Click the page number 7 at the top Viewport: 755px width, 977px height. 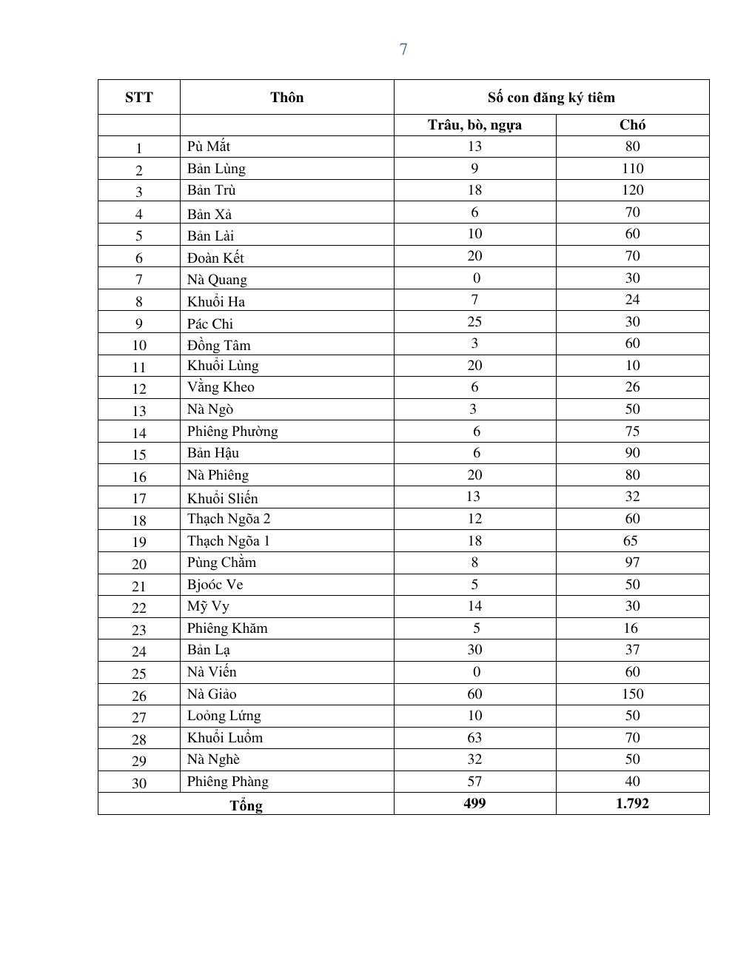403,50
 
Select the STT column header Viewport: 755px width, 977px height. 139,98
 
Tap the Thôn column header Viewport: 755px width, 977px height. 286,98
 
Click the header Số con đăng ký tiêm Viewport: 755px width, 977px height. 551,98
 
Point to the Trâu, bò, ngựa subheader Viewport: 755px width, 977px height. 474,125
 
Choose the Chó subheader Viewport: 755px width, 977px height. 632,125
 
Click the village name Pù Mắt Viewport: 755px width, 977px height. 209,147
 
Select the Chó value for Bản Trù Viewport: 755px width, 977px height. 632,190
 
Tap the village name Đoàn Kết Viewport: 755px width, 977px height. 215,258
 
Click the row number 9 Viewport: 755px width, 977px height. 139,323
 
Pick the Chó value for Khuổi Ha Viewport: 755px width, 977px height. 632,300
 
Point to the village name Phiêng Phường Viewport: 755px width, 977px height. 232,432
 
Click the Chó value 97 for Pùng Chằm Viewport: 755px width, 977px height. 632,563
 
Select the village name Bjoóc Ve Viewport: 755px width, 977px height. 215,585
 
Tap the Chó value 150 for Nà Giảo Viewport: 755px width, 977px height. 632,694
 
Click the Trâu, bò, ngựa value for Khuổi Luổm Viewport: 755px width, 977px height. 474,738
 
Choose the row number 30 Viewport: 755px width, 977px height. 139,783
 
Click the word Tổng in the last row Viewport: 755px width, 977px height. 246,805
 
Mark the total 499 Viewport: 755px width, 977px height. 474,804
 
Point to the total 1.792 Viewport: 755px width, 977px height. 632,804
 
